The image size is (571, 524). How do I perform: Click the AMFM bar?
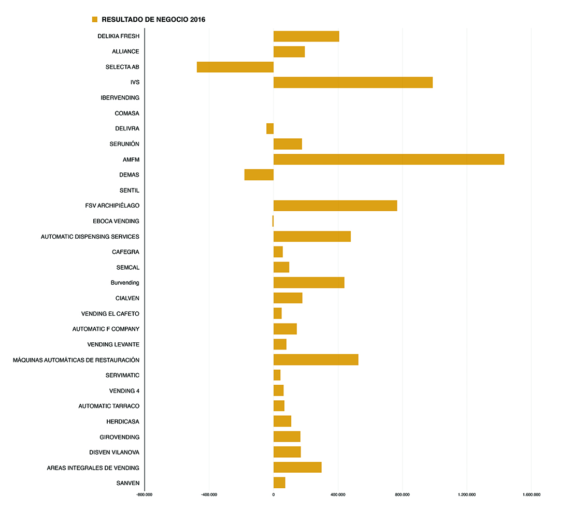389,159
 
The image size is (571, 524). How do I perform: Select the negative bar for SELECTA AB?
235,67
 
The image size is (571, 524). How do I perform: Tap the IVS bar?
353,82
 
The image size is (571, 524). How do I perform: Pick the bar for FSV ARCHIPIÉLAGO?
335,206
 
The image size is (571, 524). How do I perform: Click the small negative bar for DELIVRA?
270,128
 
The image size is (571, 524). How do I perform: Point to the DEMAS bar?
259,175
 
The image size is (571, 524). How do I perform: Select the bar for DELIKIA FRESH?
306,36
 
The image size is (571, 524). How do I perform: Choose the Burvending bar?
309,283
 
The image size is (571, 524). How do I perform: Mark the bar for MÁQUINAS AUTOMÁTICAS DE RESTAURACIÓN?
316,360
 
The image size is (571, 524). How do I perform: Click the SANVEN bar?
279,483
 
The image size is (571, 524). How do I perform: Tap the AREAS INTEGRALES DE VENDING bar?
297,468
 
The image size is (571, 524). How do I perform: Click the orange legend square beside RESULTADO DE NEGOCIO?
95,20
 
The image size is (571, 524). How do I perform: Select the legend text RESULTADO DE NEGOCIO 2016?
153,20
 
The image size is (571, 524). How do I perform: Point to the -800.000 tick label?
144,495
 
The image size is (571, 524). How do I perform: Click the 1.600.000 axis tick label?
532,495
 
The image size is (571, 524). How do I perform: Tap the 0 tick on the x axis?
273,495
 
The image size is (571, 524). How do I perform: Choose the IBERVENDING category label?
120,98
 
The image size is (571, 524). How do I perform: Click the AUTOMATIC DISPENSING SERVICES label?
90,237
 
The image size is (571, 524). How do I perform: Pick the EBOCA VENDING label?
116,221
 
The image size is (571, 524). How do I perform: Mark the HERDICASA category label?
123,421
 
